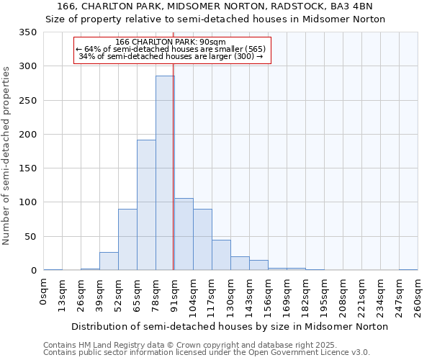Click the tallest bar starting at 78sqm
point(165,173)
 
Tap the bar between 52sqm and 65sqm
point(127,240)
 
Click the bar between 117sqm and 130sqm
point(221,255)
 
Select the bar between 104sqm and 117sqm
point(202,240)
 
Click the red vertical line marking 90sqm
point(174,158)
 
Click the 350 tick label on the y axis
point(28,32)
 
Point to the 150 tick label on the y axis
point(28,168)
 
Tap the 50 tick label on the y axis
point(31,236)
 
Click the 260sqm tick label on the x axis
point(418,296)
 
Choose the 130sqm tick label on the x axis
point(230,296)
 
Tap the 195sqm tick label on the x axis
point(324,296)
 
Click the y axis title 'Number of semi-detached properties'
point(6,155)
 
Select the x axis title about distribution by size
point(230,326)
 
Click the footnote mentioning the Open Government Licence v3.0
point(207,353)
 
